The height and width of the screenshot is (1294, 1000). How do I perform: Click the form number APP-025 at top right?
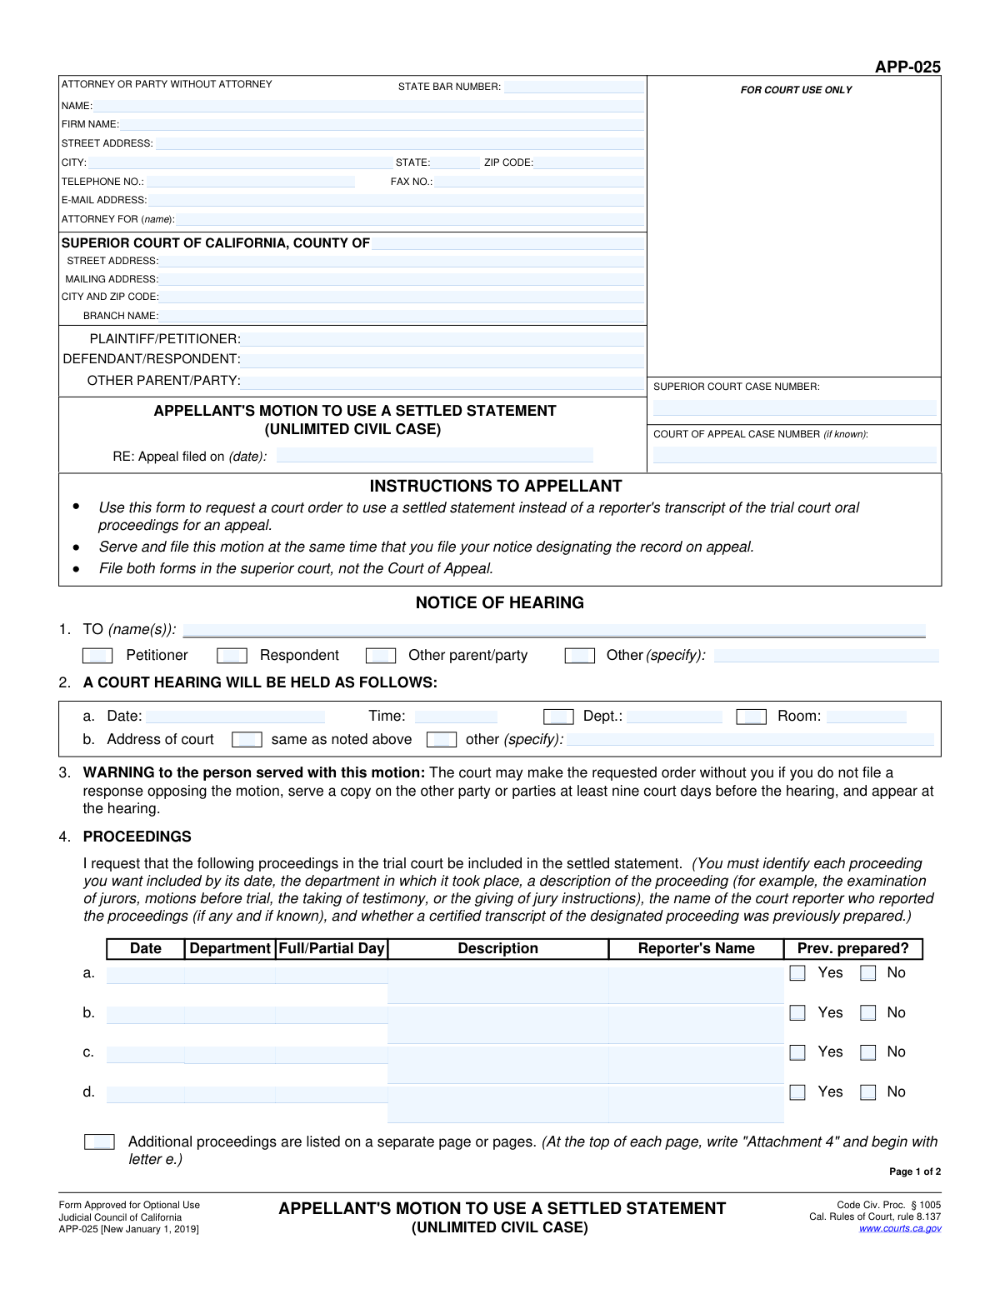pyautogui.click(x=907, y=67)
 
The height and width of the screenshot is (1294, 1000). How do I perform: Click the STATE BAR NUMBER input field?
pyautogui.click(x=573, y=87)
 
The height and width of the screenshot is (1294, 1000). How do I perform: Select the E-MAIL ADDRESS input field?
pyautogui.click(x=396, y=200)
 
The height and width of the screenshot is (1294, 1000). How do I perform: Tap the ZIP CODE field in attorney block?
pyautogui.click(x=588, y=162)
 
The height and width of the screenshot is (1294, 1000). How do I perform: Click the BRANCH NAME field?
pyautogui.click(x=402, y=316)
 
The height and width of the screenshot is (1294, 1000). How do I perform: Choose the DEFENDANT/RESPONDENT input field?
pyautogui.click(x=442, y=359)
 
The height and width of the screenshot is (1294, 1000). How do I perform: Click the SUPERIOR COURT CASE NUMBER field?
pyautogui.click(x=794, y=408)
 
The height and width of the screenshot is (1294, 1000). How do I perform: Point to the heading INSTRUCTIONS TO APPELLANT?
pyautogui.click(x=496, y=486)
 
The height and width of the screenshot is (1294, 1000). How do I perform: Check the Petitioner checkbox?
pyautogui.click(x=97, y=656)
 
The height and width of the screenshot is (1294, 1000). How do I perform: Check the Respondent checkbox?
pyautogui.click(x=232, y=656)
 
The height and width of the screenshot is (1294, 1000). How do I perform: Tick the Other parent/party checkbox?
pyautogui.click(x=381, y=656)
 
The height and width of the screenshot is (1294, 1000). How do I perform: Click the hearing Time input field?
pyautogui.click(x=455, y=717)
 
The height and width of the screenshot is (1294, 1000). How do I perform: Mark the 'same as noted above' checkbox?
pyautogui.click(x=247, y=740)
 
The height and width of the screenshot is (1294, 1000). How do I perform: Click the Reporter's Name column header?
pyautogui.click(x=696, y=948)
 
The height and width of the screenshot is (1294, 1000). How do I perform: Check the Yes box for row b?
pyautogui.click(x=797, y=1013)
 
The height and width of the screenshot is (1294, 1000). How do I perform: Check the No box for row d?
pyautogui.click(x=868, y=1092)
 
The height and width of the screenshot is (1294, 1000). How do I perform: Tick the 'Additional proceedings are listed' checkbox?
pyautogui.click(x=99, y=1142)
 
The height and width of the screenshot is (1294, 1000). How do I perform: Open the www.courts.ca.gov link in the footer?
pyautogui.click(x=900, y=1228)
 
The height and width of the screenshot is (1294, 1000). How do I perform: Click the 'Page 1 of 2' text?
pyautogui.click(x=915, y=1172)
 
